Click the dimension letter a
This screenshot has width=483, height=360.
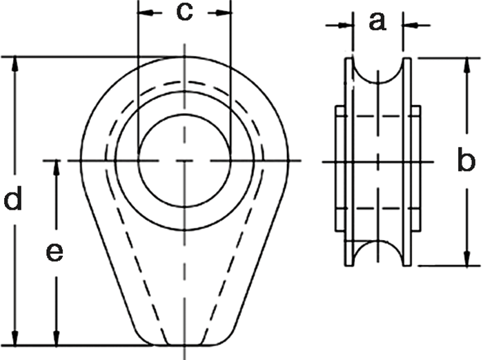click(x=376, y=22)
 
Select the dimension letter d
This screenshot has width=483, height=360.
click(x=14, y=201)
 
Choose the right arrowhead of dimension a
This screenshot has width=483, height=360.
click(x=408, y=25)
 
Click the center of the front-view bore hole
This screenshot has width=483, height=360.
click(x=184, y=161)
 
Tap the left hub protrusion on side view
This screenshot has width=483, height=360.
click(x=339, y=170)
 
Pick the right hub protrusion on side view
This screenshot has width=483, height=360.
click(x=416, y=170)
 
